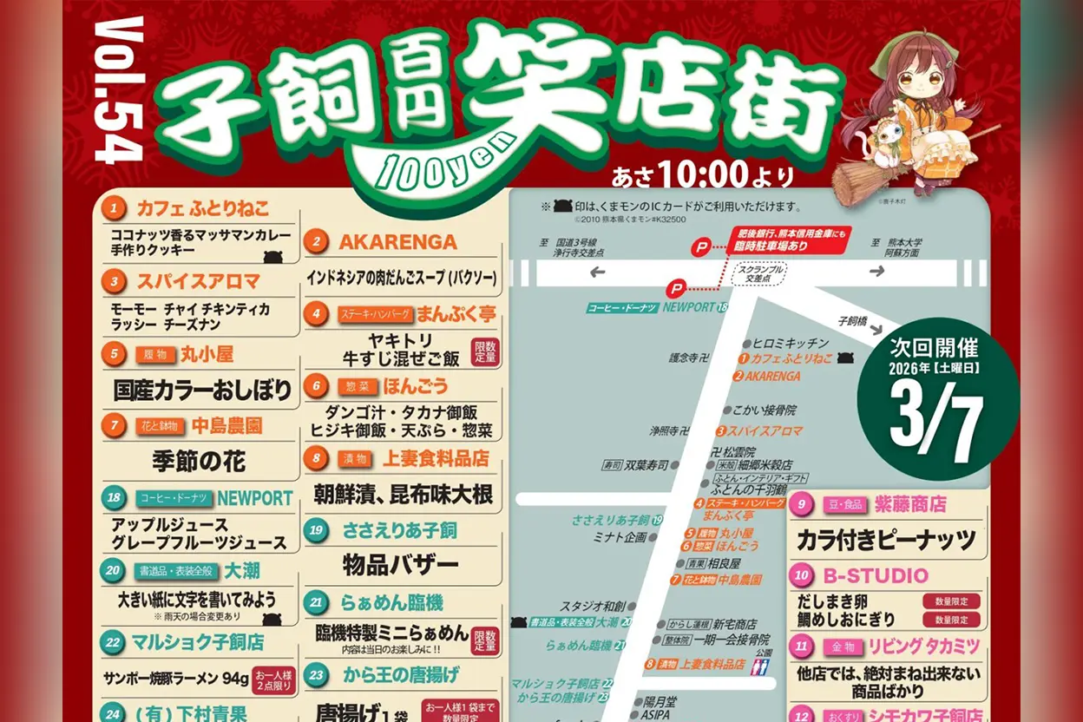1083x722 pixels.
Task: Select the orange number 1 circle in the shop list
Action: [114, 208]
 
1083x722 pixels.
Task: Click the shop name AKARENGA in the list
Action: [397, 242]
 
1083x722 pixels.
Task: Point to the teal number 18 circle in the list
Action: [114, 498]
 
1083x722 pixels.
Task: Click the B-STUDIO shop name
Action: [874, 575]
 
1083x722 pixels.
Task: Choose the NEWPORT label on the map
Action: [689, 307]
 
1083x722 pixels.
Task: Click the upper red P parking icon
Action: [700, 247]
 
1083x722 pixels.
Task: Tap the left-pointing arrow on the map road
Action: [598, 272]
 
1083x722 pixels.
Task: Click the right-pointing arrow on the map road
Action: [877, 271]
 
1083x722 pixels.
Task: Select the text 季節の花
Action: [199, 461]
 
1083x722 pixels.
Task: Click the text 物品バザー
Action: [400, 565]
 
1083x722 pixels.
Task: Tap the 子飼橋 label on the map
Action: [852, 321]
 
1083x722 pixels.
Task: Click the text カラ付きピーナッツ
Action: [886, 539]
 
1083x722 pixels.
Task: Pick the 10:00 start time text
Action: [704, 176]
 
